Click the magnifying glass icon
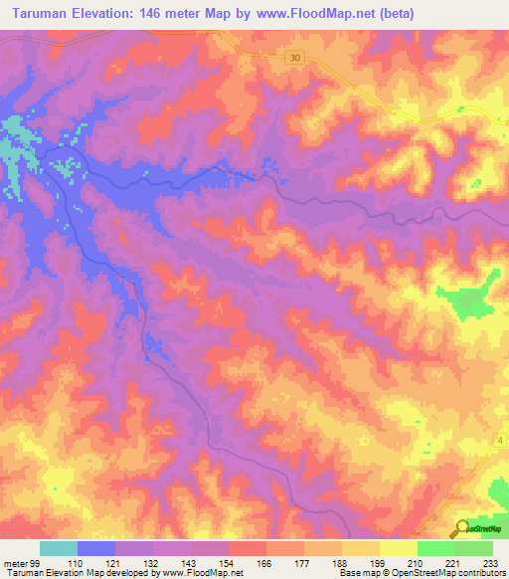pyautogui.click(x=463, y=528)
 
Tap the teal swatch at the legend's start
pyautogui.click(x=59, y=548)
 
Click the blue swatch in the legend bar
pyautogui.click(x=96, y=548)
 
